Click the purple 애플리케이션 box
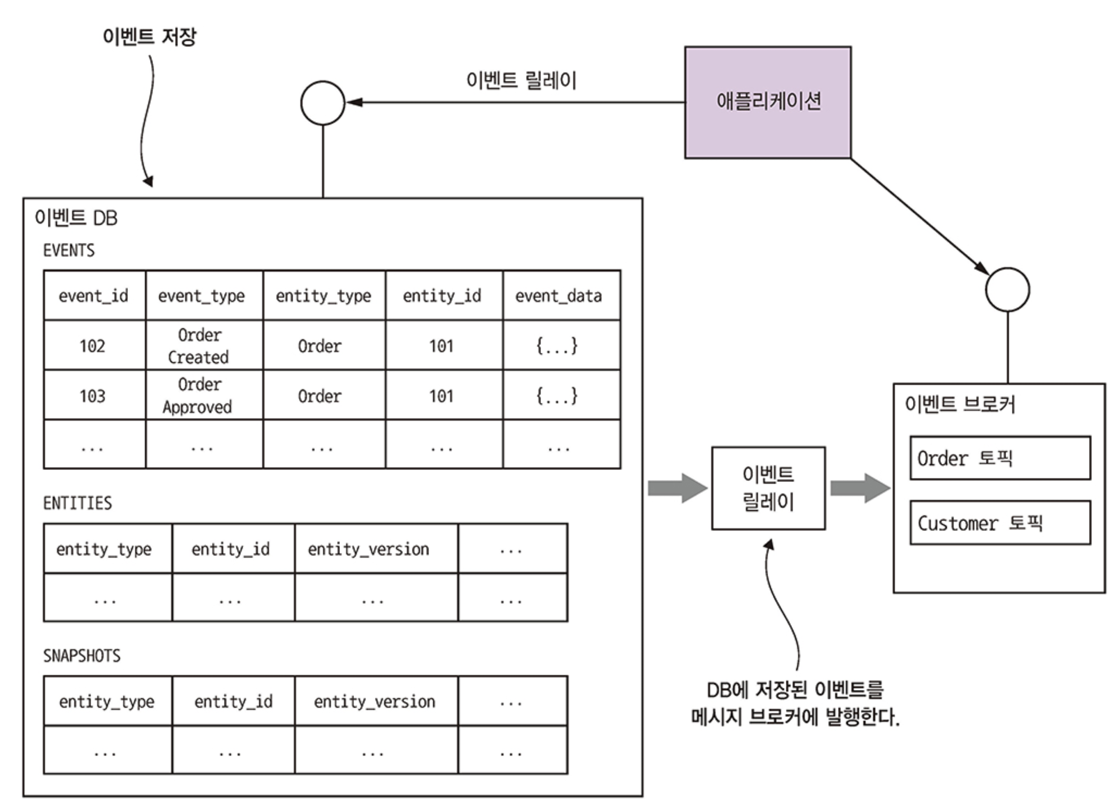768,102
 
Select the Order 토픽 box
1000,458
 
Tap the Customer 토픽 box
1000,522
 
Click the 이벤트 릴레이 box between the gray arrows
768,488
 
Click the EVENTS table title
69,251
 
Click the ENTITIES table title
78,503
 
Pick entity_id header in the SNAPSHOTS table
233,701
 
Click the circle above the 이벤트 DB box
323,103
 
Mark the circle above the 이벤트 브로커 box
1007,290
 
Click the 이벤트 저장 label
149,37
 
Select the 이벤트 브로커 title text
959,404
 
